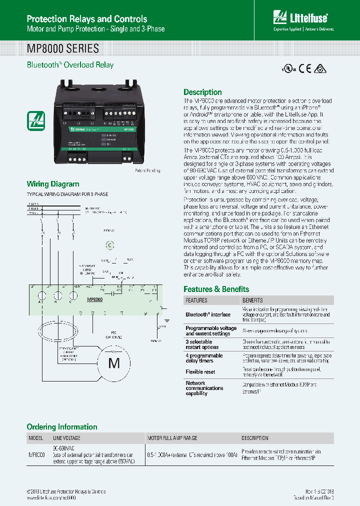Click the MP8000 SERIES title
click(x=62, y=49)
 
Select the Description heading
click(x=202, y=92)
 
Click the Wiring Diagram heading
click(x=52, y=184)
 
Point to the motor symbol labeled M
click(x=114, y=363)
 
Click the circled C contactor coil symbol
click(x=110, y=245)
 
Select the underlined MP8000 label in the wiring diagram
click(x=94, y=299)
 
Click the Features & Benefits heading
click(x=216, y=289)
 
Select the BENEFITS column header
click(x=252, y=300)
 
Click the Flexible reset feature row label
click(x=201, y=372)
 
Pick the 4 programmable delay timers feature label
click(x=204, y=358)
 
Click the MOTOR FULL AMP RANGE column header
click(x=172, y=438)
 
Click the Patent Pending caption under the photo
click(x=147, y=170)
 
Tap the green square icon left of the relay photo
click(x=36, y=120)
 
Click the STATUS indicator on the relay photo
click(x=111, y=135)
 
